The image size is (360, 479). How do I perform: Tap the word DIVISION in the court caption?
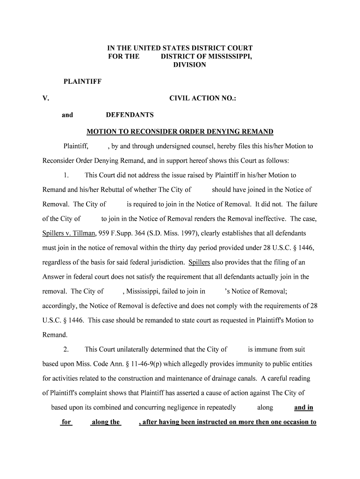click(189, 65)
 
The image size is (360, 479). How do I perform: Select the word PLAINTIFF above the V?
click(82, 82)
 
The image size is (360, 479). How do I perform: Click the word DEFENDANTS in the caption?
click(130, 115)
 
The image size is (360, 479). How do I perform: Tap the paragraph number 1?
click(66, 175)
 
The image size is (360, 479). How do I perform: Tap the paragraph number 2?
click(66, 349)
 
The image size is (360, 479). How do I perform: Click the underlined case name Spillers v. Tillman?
click(69, 233)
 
